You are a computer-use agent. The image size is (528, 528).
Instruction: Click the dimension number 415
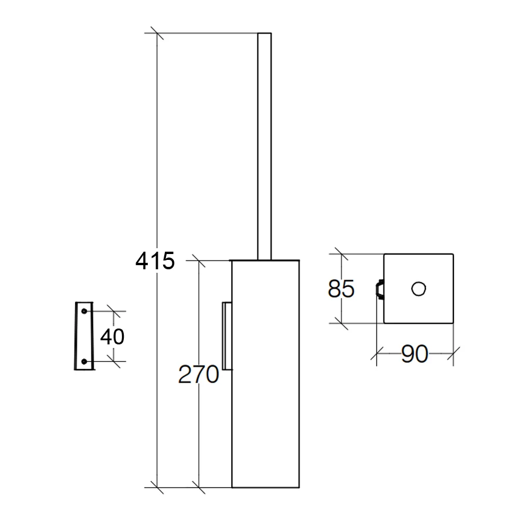(155, 261)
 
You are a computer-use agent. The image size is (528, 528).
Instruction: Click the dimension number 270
(198, 374)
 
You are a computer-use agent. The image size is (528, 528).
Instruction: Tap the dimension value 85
(341, 289)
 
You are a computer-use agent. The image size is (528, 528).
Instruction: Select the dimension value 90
(415, 354)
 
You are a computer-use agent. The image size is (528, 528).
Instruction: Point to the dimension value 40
(112, 336)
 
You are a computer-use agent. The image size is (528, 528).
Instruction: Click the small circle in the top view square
(418, 289)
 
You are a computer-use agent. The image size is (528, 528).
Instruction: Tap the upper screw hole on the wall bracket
(84, 311)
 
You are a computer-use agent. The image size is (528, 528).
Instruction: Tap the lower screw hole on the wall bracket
(84, 361)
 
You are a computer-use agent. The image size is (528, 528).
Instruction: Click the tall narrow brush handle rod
(265, 147)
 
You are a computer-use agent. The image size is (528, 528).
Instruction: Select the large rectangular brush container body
(265, 374)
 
